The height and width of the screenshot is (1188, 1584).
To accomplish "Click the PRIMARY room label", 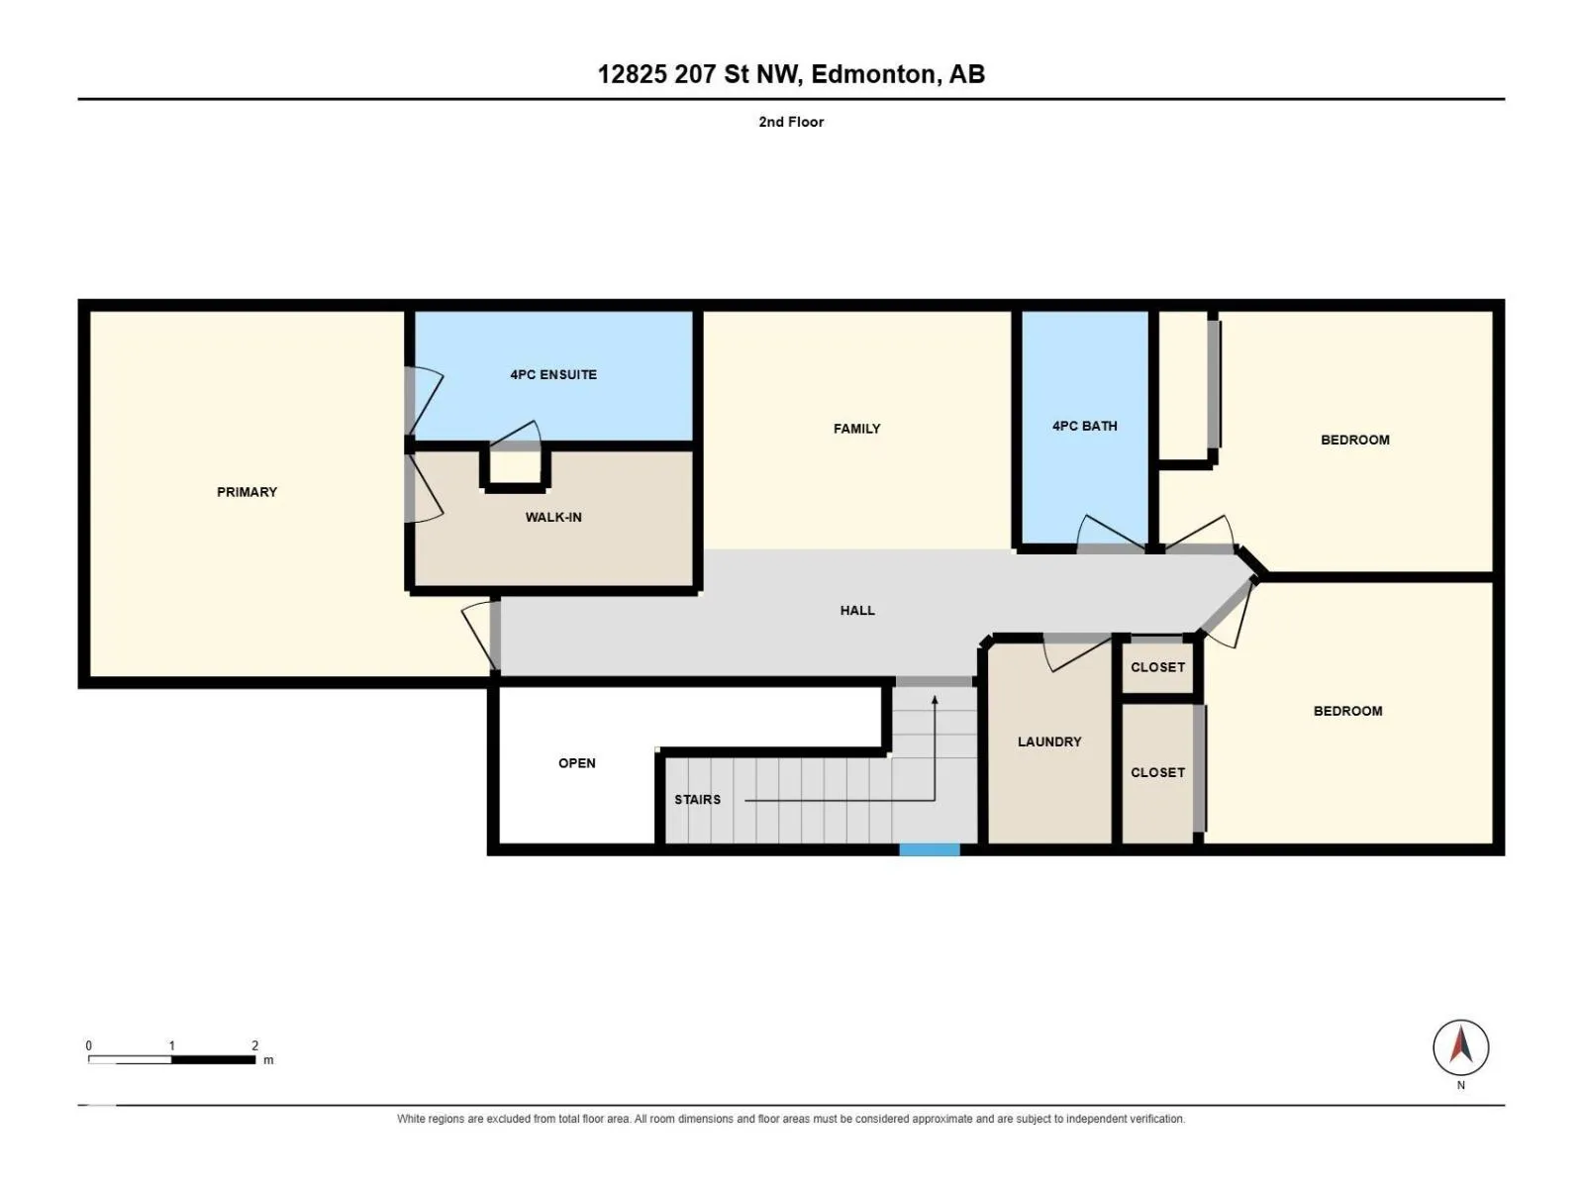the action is pos(247,492).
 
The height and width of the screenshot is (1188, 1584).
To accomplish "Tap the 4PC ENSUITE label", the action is pos(553,374).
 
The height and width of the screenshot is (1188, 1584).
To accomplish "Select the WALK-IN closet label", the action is pos(553,517).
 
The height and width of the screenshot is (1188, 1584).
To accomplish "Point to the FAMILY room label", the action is pos(856,429).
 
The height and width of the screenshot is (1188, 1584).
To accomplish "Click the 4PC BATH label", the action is pos(1085,427).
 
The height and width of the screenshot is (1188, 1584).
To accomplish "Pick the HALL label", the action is pos(857,610).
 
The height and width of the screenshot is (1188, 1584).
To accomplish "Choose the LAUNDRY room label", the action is pos(1049,742).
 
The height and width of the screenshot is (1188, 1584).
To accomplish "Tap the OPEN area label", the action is pos(576,763).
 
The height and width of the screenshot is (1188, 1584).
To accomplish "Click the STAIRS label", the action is pos(697,799).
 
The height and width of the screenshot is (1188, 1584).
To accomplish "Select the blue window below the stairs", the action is pos(929,850).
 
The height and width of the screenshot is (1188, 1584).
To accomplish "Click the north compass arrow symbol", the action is pos(1460,1046).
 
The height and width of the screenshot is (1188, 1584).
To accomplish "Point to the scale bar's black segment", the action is pos(213,1059).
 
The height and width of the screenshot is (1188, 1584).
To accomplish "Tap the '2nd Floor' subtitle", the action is pos(791,122).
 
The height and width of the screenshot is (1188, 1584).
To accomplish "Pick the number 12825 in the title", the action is pos(633,74).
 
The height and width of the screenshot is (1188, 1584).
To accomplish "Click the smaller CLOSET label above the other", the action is pos(1157,667).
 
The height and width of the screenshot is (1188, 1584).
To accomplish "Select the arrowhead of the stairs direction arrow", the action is pos(935,699).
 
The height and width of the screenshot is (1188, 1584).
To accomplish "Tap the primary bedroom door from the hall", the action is pos(480,636).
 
